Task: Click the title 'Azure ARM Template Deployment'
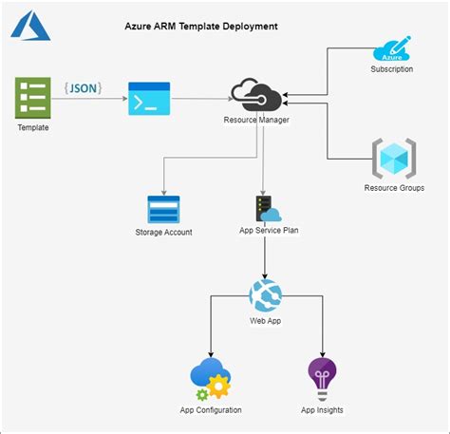[x=201, y=27]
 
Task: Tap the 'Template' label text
[x=32, y=127]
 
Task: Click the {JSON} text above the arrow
[x=84, y=87]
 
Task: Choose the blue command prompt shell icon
[x=149, y=99]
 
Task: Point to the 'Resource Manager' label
[x=256, y=120]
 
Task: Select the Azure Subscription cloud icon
[x=392, y=48]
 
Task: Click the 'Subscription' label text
[x=392, y=69]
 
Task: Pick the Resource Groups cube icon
[x=393, y=158]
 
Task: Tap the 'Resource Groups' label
[x=394, y=188]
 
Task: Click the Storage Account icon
[x=164, y=209]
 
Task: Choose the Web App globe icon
[x=265, y=295]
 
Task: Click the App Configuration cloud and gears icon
[x=210, y=379]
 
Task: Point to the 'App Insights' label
[x=322, y=409]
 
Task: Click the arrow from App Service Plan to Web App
[x=265, y=256]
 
